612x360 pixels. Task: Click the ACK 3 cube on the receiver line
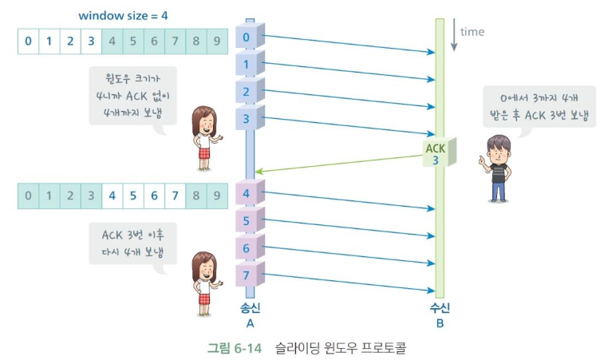click(440, 152)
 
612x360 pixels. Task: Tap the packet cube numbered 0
click(250, 36)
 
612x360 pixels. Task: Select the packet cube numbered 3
click(250, 117)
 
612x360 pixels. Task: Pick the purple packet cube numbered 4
click(250, 192)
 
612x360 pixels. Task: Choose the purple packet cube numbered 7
click(250, 274)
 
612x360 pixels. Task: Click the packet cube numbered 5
click(250, 220)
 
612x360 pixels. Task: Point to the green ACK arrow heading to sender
click(339, 164)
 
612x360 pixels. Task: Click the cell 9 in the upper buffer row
click(217, 41)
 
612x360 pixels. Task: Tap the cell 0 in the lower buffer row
click(28, 196)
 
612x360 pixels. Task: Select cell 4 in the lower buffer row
click(113, 196)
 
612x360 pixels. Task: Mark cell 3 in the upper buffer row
click(91, 41)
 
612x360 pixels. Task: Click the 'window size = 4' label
click(123, 16)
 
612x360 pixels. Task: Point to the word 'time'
click(472, 32)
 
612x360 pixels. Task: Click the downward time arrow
click(453, 34)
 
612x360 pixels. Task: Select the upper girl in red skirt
click(206, 138)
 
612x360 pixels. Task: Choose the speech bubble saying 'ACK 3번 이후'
click(132, 244)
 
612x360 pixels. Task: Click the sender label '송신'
click(251, 307)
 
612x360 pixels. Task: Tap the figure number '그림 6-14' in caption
click(234, 347)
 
